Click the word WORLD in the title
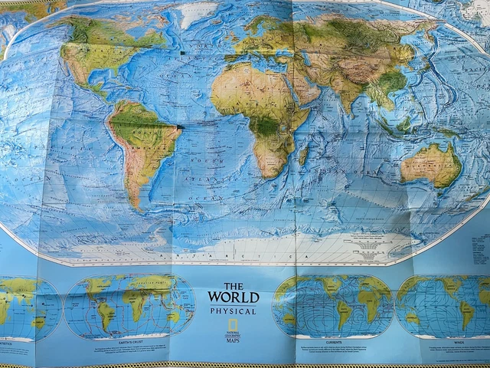(234, 297)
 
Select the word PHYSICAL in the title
(234, 311)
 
